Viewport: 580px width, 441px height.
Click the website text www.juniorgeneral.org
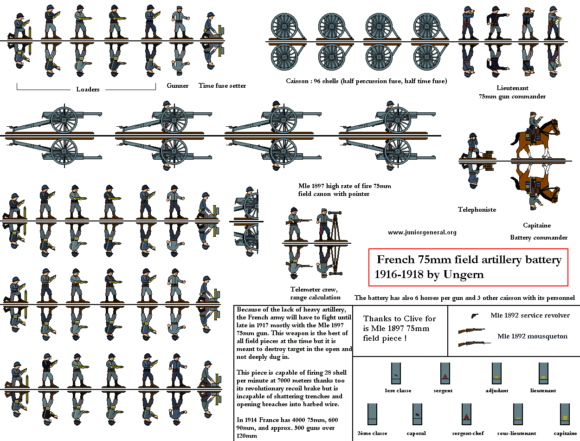[x=422, y=232]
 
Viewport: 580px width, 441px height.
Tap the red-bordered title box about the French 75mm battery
[x=469, y=267]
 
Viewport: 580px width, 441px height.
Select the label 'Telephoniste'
[x=477, y=209]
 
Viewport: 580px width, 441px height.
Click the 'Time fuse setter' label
[x=222, y=85]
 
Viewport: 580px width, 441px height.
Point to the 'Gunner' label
[x=178, y=85]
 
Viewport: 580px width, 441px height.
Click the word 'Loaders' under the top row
[x=88, y=89]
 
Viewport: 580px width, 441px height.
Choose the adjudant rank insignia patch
[x=496, y=373]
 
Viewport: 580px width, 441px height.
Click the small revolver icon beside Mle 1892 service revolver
[x=474, y=316]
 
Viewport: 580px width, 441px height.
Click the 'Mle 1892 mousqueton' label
[x=532, y=336]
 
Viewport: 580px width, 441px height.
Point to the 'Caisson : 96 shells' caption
[x=367, y=81]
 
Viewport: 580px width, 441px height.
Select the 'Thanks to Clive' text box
[x=400, y=328]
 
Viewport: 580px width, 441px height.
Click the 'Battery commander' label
[x=539, y=237]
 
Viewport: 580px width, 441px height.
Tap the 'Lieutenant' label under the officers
[x=512, y=88]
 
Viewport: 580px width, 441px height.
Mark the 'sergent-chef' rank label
[x=467, y=433]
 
